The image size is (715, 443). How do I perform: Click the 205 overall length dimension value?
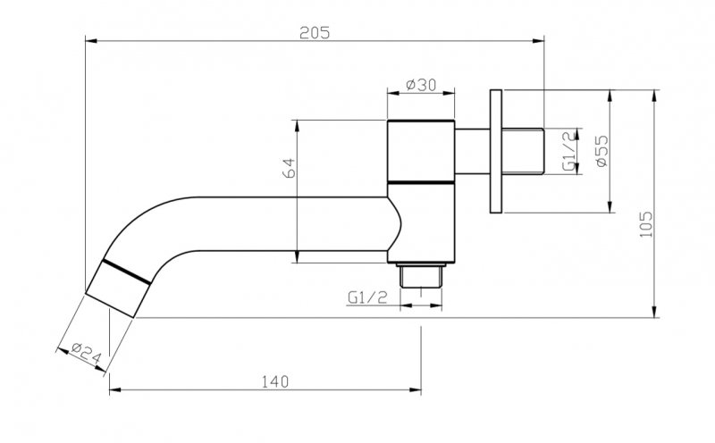(315, 33)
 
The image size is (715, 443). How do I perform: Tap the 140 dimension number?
(275, 381)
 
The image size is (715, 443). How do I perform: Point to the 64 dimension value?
(289, 169)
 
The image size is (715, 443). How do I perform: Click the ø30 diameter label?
(420, 85)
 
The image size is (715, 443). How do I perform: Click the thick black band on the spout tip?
(124, 272)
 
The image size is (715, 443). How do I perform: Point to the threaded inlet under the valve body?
(421, 273)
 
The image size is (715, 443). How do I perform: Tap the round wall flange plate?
(497, 151)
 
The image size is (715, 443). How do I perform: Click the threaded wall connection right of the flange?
(526, 151)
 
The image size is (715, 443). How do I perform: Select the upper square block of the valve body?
(420, 151)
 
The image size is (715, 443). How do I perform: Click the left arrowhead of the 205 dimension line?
(88, 39)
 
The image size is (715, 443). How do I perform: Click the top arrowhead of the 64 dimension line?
(300, 123)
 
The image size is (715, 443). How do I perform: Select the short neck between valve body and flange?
(471, 151)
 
